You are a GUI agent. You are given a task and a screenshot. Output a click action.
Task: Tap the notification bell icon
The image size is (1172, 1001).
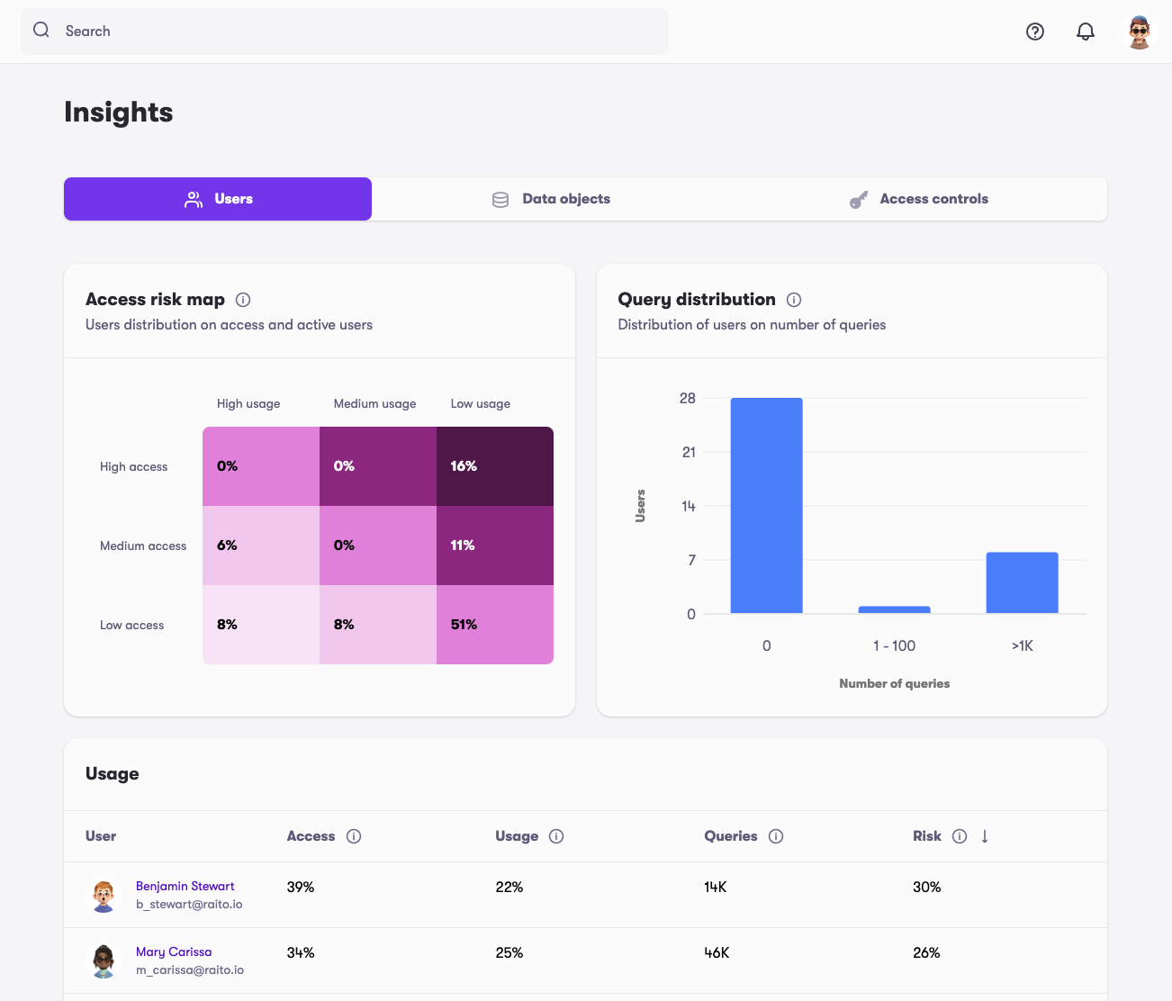pyautogui.click(x=1086, y=32)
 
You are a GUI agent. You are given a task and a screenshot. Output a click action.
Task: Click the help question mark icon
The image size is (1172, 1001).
pyautogui.click(x=1035, y=32)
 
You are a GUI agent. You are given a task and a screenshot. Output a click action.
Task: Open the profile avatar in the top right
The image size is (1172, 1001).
pyautogui.click(x=1140, y=32)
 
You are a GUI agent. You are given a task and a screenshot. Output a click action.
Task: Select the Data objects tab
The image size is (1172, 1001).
pyautogui.click(x=551, y=199)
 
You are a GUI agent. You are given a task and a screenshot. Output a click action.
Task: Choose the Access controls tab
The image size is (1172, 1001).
pyautogui.click(x=919, y=199)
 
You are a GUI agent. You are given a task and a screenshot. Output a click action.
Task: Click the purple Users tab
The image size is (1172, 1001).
pyautogui.click(x=218, y=199)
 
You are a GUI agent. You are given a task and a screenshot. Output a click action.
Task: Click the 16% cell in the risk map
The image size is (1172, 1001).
pyautogui.click(x=494, y=466)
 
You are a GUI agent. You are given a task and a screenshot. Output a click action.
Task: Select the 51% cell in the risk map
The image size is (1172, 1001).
pyautogui.click(x=494, y=625)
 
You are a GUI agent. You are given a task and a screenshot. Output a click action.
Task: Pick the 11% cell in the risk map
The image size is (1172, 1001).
pyautogui.click(x=494, y=546)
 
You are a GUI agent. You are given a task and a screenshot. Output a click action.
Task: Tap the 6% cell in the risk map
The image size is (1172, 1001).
pyautogui.click(x=261, y=546)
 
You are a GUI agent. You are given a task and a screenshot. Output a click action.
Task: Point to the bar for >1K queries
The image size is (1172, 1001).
pyautogui.click(x=1022, y=582)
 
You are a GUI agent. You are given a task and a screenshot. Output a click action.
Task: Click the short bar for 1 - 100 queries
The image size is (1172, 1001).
pyautogui.click(x=894, y=609)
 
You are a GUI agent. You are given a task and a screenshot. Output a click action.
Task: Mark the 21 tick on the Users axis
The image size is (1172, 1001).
pyautogui.click(x=689, y=452)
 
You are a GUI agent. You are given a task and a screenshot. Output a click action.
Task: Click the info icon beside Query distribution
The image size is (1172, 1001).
pyautogui.click(x=794, y=300)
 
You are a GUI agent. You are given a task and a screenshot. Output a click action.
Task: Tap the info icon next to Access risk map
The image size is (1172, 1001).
pyautogui.click(x=243, y=300)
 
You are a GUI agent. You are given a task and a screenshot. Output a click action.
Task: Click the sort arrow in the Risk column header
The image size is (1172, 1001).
pyautogui.click(x=985, y=836)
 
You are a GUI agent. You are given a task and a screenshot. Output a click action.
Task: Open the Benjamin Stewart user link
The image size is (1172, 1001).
pyautogui.click(x=185, y=886)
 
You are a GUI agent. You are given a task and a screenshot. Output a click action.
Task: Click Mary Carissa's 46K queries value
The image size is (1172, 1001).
pyautogui.click(x=717, y=952)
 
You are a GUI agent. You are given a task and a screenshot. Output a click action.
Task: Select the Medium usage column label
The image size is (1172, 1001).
pyautogui.click(x=374, y=403)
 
